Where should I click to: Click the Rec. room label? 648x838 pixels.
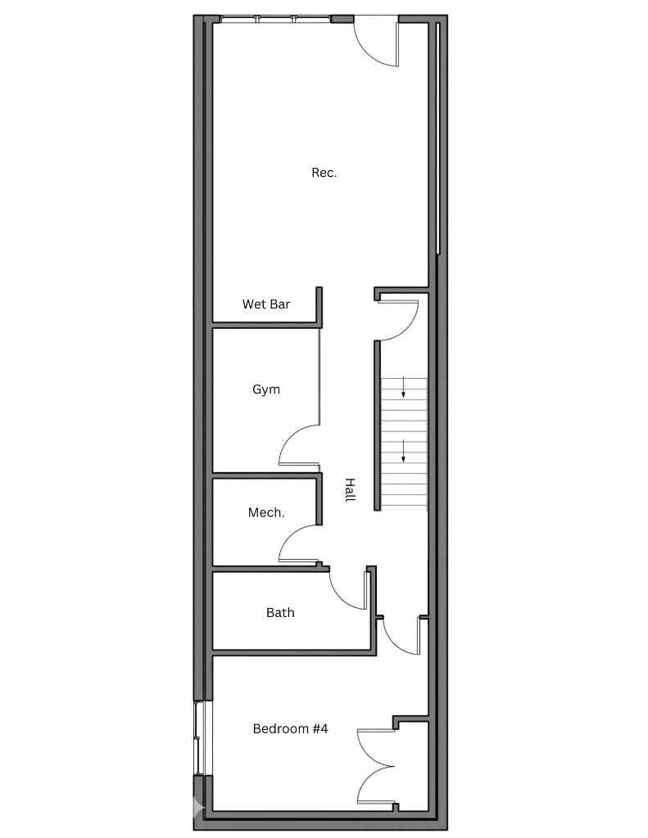coord(324,173)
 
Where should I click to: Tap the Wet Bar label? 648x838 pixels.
coord(265,304)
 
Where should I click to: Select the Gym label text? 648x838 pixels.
coord(265,390)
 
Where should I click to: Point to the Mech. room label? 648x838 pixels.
coord(266,513)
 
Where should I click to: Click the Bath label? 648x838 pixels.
coord(280,613)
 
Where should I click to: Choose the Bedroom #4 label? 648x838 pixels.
coord(290,728)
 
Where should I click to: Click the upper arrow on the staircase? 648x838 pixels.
coord(403,389)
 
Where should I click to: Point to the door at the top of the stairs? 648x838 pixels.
coord(400,319)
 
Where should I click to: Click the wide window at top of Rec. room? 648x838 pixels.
coord(274,19)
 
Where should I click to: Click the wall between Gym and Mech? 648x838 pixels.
coord(265,475)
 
